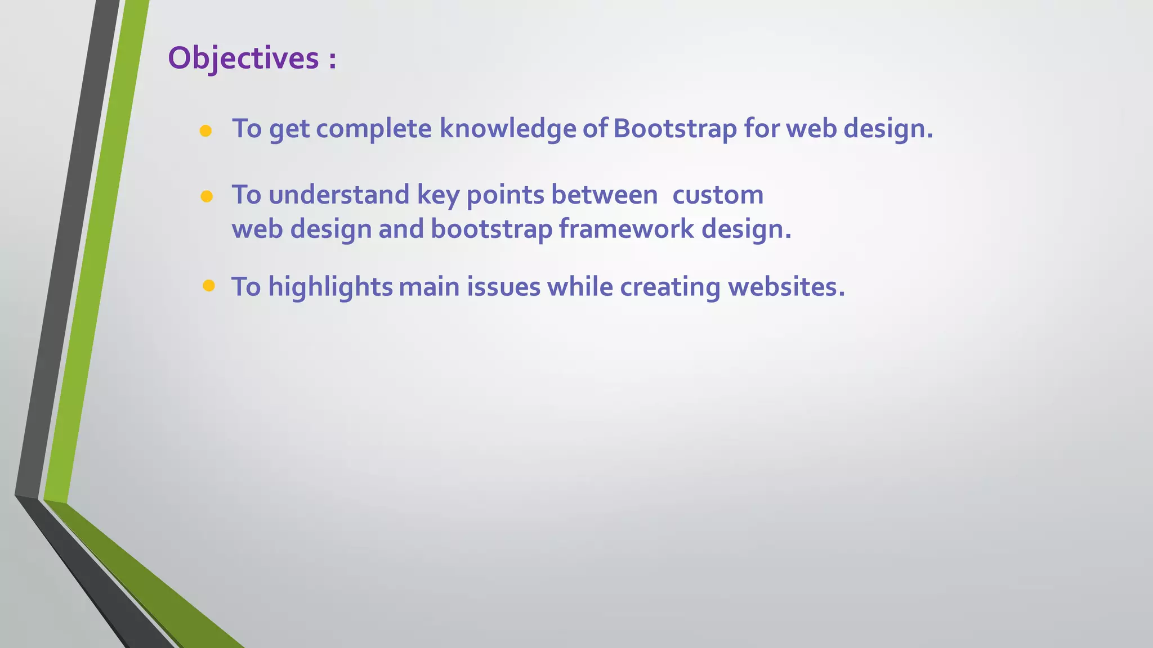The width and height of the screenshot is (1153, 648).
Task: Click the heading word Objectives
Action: pos(243,58)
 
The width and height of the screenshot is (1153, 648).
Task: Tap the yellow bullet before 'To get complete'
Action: pos(205,131)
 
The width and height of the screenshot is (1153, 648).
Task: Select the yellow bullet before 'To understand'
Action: pos(207,196)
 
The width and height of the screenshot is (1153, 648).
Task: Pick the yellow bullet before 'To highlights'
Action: pos(209,286)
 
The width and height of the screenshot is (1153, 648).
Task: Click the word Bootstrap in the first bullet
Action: pos(674,128)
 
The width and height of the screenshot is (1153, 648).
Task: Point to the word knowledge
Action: pos(507,128)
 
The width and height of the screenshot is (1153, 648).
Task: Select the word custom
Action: pos(718,195)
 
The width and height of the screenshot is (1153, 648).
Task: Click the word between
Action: pos(604,195)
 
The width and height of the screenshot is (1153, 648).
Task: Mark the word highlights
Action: pos(330,287)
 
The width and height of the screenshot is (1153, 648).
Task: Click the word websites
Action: pos(786,287)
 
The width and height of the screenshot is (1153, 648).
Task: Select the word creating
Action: pos(670,287)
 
